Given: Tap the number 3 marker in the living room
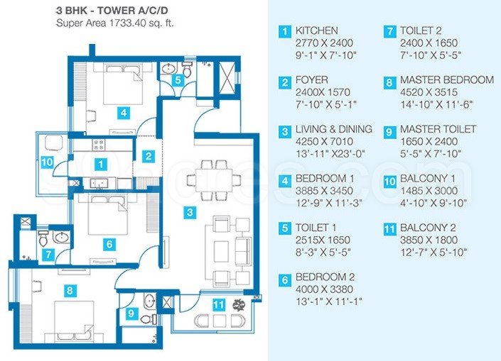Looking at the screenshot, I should coord(188,211).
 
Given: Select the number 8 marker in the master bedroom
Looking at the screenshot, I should coord(68,289).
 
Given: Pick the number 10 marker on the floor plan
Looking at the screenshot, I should coord(47,162).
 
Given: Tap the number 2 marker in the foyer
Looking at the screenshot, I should coord(148,156).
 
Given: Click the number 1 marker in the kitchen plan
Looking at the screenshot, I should coord(102,165).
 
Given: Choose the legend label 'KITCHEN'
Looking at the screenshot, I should coord(317,31).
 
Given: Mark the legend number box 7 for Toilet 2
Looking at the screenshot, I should coord(389,32).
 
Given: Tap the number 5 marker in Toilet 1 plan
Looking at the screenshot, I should coord(179,80).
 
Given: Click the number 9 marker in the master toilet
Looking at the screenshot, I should coord(131,312).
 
